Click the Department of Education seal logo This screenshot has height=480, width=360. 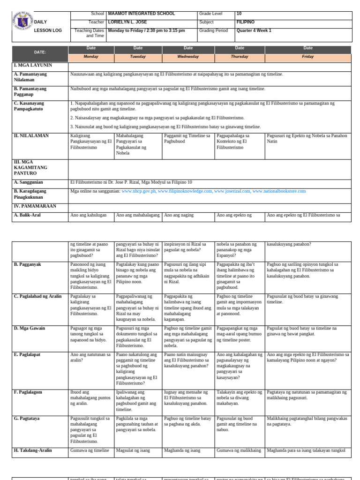pos(22,21)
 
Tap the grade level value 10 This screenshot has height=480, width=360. pos(239,14)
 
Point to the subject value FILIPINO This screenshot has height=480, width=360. pos(246,22)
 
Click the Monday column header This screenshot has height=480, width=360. pos(91,57)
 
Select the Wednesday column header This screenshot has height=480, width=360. pos(188,57)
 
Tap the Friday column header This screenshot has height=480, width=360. pos(308,57)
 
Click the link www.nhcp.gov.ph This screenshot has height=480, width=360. pos(139,191)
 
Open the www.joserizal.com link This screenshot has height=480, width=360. pos(232,191)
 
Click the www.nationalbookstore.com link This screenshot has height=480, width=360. pos(279,191)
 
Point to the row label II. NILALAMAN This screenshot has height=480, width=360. pos(31,136)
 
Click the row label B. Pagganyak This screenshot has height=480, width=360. pos(28,265)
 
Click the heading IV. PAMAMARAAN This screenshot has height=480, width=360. pos(35,206)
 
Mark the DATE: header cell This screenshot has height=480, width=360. pos(40,53)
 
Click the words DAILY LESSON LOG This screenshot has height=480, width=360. pos(41,26)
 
